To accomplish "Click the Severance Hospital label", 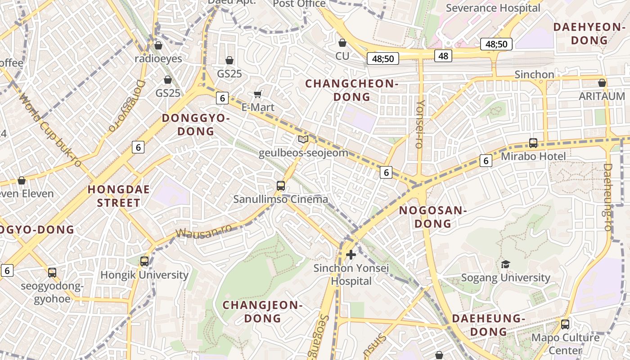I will (493, 8).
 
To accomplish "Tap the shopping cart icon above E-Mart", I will (258, 94).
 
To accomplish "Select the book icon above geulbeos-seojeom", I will (303, 139).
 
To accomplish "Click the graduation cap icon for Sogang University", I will (506, 264).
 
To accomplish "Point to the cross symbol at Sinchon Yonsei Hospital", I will (351, 255).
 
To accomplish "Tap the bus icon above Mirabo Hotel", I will (533, 143).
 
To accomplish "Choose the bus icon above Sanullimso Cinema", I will (281, 185).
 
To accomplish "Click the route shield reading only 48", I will (443, 56).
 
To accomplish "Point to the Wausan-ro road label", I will (204, 230).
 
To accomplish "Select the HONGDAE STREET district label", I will (119, 196).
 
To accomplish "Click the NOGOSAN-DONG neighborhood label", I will (432, 217).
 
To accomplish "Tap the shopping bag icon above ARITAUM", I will (602, 83).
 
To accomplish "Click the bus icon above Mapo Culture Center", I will (565, 324).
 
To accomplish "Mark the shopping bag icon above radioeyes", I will (158, 45).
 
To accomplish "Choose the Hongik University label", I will (144, 274).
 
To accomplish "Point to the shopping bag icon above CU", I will (342, 43).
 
